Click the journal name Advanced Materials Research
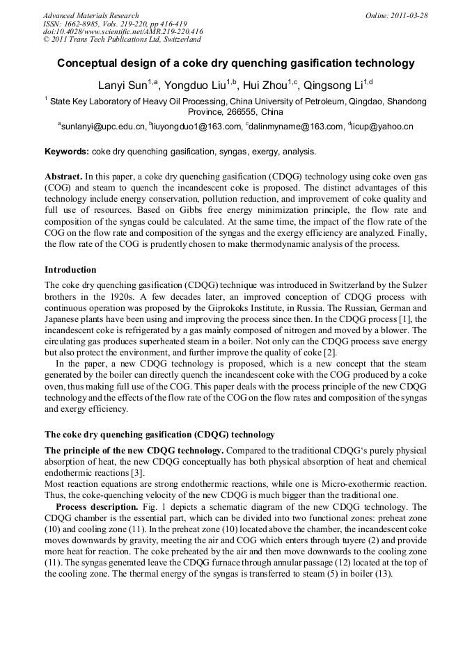91,15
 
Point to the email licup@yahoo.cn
384,127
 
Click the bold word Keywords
65,152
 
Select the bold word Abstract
63,177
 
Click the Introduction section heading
70,270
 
